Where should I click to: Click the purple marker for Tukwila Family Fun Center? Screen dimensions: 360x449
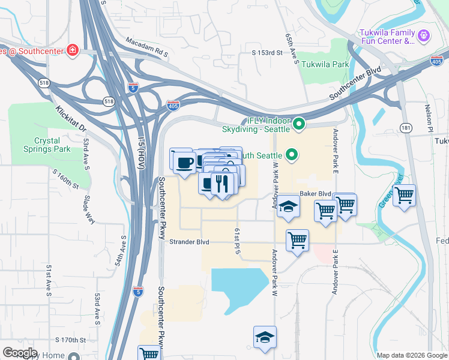tap(424, 36)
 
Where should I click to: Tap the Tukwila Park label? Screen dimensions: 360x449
tap(325, 64)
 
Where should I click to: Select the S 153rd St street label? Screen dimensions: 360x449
tap(267, 53)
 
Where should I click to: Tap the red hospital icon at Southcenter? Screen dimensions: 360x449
tap(73, 50)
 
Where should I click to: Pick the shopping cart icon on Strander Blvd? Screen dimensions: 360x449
tap(297, 240)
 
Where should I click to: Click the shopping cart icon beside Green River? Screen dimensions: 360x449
tap(405, 195)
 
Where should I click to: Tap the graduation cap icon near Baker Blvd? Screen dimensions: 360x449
tap(289, 208)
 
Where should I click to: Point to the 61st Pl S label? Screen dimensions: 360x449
tap(238, 242)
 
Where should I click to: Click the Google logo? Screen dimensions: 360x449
tap(20, 353)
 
